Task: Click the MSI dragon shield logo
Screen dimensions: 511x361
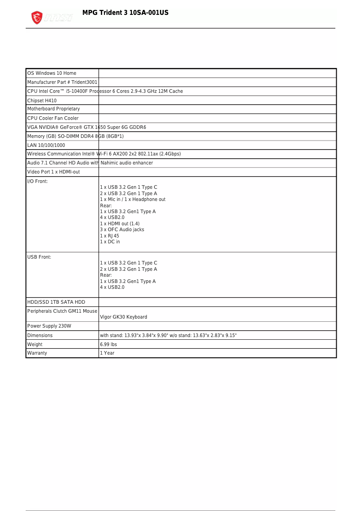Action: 37,18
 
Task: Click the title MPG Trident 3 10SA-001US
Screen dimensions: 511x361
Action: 125,13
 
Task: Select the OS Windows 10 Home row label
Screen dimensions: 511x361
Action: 52,73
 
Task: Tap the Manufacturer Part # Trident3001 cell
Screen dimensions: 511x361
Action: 62,82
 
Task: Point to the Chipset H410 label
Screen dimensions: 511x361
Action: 42,100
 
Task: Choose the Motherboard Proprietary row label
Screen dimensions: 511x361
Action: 54,109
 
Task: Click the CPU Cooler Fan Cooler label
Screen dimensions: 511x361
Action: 53,118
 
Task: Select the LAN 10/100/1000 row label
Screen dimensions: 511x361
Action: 46,145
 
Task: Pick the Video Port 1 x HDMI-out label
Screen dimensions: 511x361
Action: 54,172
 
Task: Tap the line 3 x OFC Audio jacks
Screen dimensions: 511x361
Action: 122,229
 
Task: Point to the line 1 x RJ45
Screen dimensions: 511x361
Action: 109,236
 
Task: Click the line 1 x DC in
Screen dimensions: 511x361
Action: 110,242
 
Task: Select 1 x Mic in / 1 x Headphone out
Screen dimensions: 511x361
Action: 132,199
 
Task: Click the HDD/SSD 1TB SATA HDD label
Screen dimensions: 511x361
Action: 56,302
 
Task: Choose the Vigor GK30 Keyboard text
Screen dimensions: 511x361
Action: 123,317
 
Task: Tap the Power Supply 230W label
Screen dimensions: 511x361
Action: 49,326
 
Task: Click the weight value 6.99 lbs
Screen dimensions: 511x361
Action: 108,344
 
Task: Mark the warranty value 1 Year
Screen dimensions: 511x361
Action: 107,353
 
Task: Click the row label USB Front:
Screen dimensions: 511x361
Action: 39,257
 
